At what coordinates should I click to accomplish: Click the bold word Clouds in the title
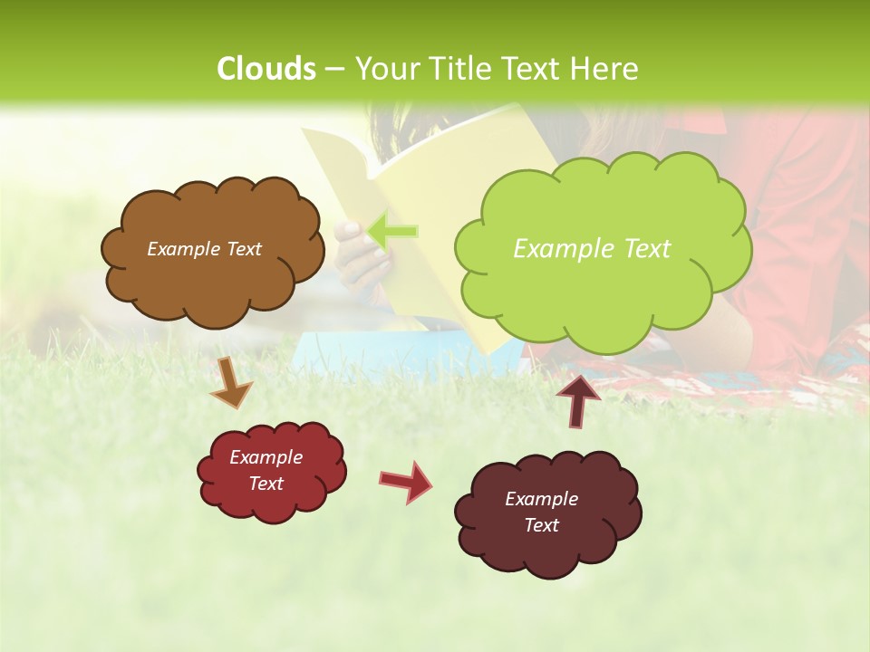[x=266, y=68]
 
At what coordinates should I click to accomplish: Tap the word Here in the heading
[x=605, y=68]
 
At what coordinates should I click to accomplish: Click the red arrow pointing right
[x=406, y=481]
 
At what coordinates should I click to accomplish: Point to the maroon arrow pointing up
[x=578, y=399]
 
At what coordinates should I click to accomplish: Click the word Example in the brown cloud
[x=180, y=249]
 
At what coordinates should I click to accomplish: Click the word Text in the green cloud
[x=641, y=249]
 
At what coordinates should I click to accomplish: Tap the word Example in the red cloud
[x=266, y=457]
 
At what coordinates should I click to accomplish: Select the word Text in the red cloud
[x=266, y=484]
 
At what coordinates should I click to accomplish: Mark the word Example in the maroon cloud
[x=541, y=499]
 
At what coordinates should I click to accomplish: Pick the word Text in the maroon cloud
[x=541, y=525]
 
